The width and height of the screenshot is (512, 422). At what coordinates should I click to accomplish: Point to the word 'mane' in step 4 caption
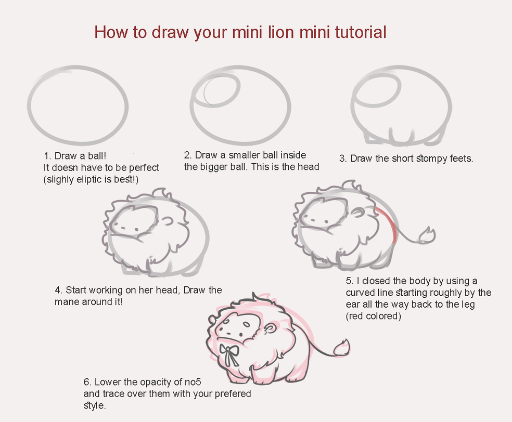(65, 301)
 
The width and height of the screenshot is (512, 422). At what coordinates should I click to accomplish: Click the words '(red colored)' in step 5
(373, 316)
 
